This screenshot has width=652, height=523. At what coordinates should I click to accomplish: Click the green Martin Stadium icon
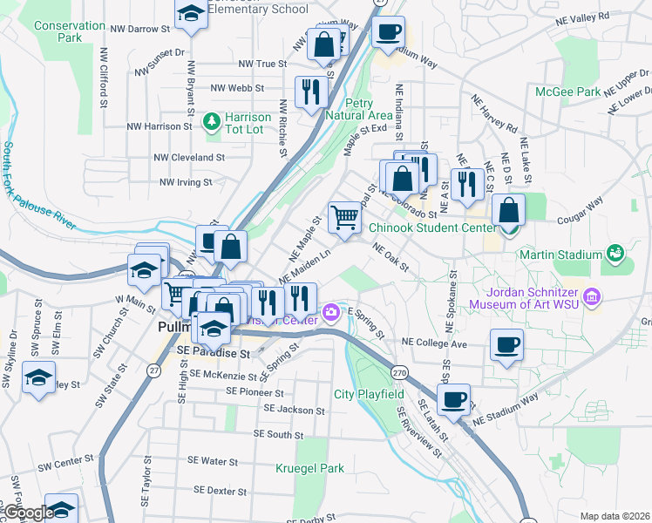(616, 254)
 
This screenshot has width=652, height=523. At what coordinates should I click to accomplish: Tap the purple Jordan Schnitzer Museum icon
(593, 298)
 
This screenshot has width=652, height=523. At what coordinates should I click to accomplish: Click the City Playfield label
(369, 394)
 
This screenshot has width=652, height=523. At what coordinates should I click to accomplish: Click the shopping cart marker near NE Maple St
(345, 218)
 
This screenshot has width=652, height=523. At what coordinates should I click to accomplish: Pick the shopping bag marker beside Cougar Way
(508, 210)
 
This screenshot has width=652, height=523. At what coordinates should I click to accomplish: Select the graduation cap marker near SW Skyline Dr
(38, 377)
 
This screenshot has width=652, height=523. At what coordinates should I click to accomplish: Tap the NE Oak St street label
(391, 257)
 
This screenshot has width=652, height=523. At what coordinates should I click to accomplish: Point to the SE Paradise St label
(214, 353)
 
